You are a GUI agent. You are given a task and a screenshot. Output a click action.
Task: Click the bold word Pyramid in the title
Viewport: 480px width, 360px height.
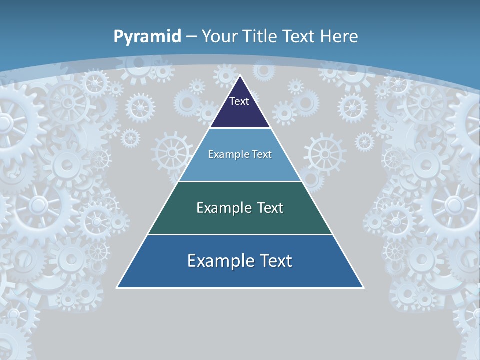147,37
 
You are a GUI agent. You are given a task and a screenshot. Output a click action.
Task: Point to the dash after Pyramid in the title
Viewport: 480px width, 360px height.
191,37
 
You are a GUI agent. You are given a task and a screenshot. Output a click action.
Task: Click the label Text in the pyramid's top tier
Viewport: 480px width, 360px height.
239,101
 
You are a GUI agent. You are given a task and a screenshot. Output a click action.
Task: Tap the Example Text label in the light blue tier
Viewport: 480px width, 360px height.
240,154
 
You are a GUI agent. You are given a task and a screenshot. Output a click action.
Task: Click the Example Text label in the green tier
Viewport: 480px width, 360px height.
240,208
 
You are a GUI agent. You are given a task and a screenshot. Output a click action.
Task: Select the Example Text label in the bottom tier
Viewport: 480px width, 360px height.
240,261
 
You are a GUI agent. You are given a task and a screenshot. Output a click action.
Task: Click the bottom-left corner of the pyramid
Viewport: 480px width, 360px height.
117,287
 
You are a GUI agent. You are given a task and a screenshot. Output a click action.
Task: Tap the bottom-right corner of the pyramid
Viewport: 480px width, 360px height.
363,287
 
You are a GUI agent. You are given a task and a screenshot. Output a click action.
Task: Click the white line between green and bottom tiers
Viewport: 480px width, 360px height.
240,234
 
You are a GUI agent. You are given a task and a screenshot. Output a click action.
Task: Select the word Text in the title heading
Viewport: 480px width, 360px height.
299,36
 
